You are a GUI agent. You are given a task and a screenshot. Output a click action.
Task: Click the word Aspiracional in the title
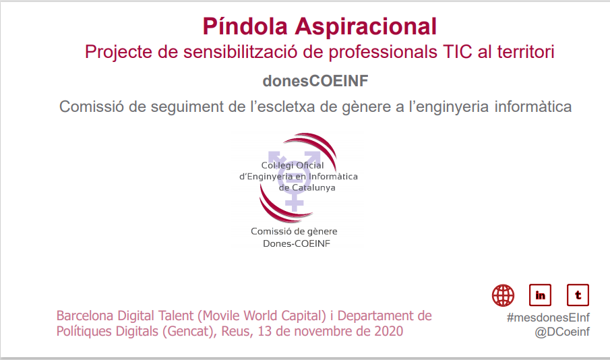[366, 27]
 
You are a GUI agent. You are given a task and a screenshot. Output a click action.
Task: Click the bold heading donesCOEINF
[315, 81]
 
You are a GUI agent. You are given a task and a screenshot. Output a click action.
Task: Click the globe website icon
[503, 295]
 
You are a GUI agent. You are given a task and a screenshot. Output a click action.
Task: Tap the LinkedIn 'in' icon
[541, 295]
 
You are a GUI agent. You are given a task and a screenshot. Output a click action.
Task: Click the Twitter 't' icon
[578, 295]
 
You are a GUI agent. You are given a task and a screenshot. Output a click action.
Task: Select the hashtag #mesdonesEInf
[548, 317]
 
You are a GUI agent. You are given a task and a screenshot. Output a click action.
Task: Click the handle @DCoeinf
[562, 332]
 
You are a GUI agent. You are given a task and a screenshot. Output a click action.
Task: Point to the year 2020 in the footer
[389, 331]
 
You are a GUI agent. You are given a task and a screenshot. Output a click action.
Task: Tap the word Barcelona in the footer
[86, 316]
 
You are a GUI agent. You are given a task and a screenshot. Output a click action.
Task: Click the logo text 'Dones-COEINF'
[295, 243]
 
